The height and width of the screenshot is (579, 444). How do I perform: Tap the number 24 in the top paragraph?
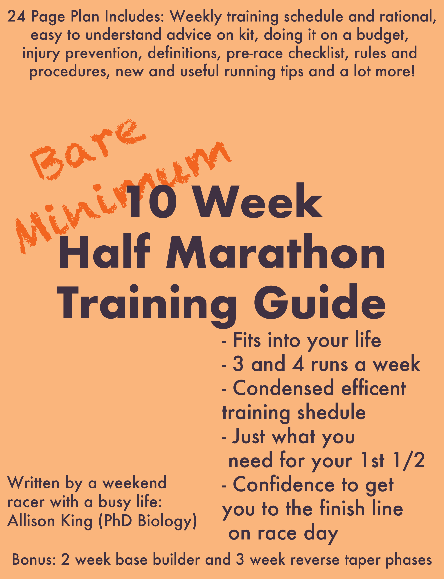[16, 16]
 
